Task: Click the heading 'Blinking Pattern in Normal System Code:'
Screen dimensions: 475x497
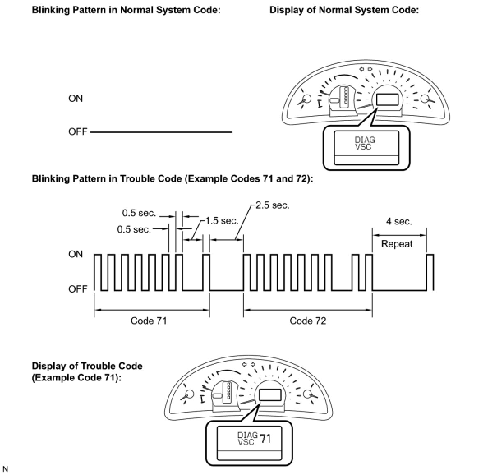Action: tap(126, 10)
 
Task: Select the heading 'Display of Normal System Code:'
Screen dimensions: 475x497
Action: tap(344, 10)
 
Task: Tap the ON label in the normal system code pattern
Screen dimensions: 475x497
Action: tap(76, 99)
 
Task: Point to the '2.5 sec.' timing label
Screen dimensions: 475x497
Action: tap(272, 205)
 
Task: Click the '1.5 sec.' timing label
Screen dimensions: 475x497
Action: tap(222, 221)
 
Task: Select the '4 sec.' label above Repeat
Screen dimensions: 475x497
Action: tap(398, 221)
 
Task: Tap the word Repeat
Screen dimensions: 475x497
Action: tap(397, 244)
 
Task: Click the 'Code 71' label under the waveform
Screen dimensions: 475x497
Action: tap(149, 321)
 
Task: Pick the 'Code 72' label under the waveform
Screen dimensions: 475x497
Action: tap(308, 321)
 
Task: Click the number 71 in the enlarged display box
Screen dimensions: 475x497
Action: tap(265, 439)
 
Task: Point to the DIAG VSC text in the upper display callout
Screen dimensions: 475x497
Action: tap(365, 143)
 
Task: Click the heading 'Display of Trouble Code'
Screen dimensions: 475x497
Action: tap(87, 366)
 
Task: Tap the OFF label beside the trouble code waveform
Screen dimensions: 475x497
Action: tap(78, 289)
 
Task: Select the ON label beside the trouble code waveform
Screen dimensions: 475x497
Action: tap(76, 254)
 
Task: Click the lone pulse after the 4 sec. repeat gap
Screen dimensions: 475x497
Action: tap(430, 271)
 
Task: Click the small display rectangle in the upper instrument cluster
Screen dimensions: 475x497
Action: tap(387, 100)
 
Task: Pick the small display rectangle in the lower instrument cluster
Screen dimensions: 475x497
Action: tap(269, 395)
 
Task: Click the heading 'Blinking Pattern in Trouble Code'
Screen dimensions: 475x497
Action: tap(169, 179)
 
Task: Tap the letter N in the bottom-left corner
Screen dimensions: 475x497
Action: tap(5, 469)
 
